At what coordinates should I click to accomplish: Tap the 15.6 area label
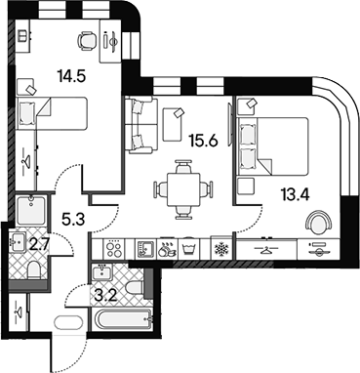[x=204, y=141]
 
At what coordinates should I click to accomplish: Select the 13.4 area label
[x=296, y=195]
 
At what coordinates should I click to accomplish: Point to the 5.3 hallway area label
[x=73, y=220]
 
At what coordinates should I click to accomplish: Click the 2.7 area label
[x=39, y=245]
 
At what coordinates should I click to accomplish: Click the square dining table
[x=183, y=189]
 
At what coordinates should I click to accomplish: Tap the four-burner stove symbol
[x=114, y=249]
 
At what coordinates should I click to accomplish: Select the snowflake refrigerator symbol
[x=222, y=249]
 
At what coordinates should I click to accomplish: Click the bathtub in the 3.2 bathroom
[x=123, y=319]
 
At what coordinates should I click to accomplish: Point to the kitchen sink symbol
[x=145, y=249]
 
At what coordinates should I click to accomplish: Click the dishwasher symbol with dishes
[x=167, y=249]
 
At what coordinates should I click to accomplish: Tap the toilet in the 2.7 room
[x=34, y=271]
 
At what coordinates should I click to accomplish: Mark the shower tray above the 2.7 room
[x=31, y=210]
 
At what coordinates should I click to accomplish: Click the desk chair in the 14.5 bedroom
[x=87, y=41]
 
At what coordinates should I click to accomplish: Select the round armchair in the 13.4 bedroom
[x=319, y=222]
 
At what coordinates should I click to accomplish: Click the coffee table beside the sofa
[x=173, y=125]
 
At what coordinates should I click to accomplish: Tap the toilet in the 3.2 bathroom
[x=134, y=287]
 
